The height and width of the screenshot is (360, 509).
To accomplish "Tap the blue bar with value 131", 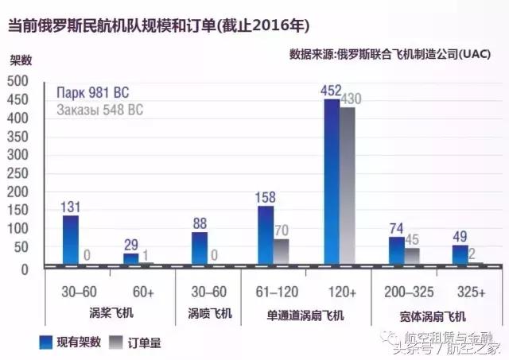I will point(71,239).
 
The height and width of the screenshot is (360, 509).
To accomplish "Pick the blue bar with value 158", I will point(266,234).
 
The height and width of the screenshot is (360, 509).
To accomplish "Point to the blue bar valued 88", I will point(200,247).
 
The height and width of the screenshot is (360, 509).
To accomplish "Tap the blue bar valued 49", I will point(460,254).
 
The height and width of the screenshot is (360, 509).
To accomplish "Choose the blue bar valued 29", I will point(131,258).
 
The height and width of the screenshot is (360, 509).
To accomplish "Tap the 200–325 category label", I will point(404,292).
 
